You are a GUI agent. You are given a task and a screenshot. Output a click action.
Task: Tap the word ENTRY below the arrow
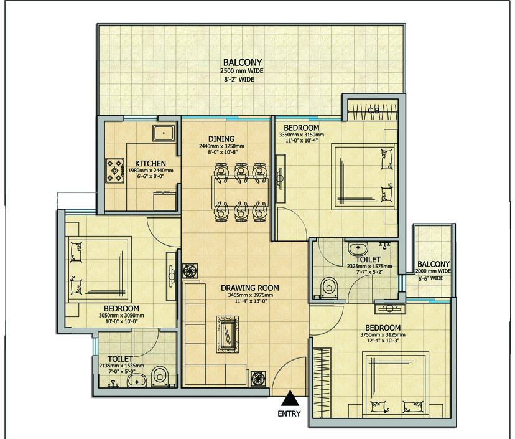[290, 414]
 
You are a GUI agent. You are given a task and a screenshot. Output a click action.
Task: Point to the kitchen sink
[164, 133]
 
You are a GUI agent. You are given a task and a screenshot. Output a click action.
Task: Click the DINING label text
[221, 139]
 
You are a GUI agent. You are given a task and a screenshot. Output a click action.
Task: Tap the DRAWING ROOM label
[250, 288]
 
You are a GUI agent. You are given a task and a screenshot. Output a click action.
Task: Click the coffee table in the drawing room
[228, 333]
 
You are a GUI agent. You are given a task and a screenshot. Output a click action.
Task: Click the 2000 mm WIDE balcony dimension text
[434, 271]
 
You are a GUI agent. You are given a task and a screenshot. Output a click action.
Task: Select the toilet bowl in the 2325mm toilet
[327, 286]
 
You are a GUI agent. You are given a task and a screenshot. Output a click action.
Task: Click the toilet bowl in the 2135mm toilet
[160, 375]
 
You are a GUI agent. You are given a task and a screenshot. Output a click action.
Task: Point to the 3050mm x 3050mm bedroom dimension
[121, 316]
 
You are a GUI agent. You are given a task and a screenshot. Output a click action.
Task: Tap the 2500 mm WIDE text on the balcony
[242, 71]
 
